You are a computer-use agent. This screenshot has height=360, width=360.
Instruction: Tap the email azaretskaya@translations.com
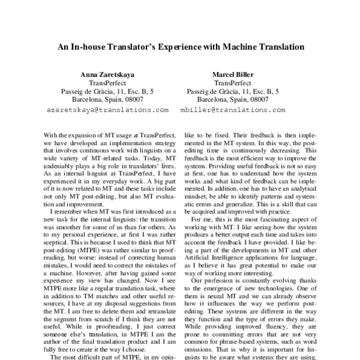[x=107, y=110]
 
